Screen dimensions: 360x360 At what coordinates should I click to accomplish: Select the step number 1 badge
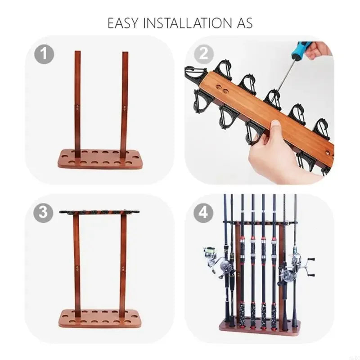44,54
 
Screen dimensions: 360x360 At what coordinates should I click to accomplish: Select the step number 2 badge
203,54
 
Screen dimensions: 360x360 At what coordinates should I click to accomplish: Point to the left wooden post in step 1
77,103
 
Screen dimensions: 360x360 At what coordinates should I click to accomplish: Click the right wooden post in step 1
124,103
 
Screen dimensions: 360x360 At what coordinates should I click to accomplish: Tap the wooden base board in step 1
100,160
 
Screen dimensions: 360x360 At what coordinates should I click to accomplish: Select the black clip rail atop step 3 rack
99,211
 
